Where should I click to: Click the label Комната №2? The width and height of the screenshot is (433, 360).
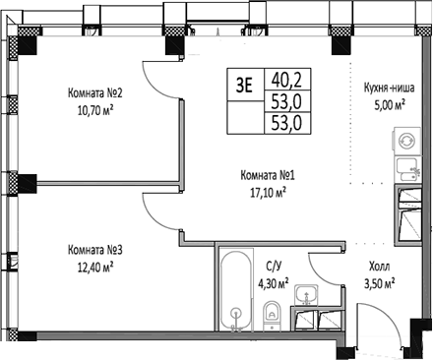pyautogui.click(x=95, y=93)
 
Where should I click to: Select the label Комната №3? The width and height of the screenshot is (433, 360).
pyautogui.click(x=95, y=249)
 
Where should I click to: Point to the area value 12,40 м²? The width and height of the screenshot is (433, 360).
pyautogui.click(x=95, y=265)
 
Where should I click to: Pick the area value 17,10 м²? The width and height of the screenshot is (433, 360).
pyautogui.click(x=268, y=193)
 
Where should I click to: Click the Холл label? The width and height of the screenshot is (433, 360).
pyautogui.click(x=378, y=266)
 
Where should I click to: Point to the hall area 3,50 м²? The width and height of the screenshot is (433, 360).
pyautogui.click(x=378, y=283)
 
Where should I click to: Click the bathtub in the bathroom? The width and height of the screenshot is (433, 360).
pyautogui.click(x=236, y=290)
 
